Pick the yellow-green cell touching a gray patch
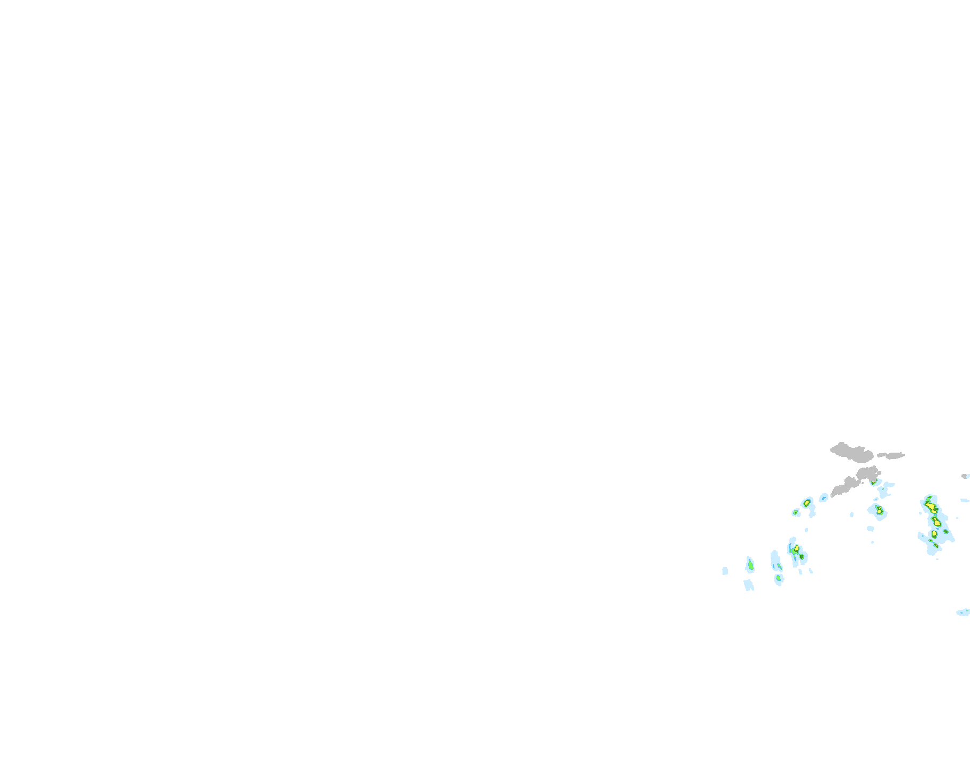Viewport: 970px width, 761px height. click(x=873, y=483)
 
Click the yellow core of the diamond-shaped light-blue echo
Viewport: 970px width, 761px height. click(x=878, y=510)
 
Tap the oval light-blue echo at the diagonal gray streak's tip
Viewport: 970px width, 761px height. click(x=824, y=498)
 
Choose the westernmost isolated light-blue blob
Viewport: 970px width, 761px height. click(x=725, y=571)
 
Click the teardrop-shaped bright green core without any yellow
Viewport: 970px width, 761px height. click(x=750, y=564)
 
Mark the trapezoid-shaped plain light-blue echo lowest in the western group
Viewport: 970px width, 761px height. click(x=748, y=584)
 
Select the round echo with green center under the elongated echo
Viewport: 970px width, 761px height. click(x=779, y=578)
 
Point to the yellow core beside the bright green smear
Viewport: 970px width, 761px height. click(x=796, y=548)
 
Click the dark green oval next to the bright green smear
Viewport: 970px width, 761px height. click(x=802, y=557)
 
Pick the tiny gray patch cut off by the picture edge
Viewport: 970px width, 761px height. click(x=965, y=476)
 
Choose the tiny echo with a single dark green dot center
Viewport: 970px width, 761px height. click(x=795, y=512)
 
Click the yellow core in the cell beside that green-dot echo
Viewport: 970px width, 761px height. click(x=806, y=503)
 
